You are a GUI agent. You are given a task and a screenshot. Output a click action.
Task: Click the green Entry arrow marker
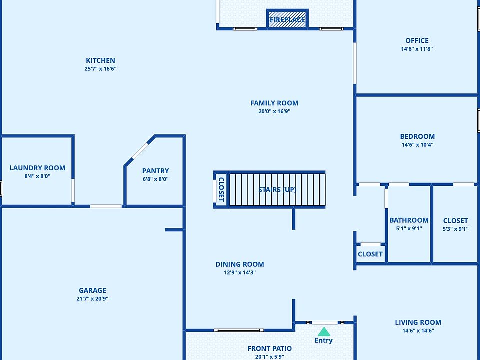[324, 332]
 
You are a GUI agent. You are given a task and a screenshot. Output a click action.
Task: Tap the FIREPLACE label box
[287, 20]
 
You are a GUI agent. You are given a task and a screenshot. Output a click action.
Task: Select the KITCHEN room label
[100, 61]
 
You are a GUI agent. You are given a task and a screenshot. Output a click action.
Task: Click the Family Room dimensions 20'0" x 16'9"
[274, 112]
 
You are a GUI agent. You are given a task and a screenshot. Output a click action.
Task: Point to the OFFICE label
[417, 41]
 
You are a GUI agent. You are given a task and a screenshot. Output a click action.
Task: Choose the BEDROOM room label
[417, 136]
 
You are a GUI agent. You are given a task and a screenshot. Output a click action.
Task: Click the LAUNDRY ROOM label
[37, 168]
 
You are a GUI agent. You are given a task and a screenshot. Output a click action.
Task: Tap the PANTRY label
[155, 171]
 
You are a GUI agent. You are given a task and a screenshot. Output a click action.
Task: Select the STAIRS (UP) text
[277, 190]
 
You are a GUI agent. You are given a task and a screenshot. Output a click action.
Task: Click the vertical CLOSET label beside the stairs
[221, 189]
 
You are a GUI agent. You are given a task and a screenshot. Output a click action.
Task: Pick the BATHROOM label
[409, 220]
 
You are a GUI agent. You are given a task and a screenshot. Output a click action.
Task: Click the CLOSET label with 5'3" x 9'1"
[455, 221]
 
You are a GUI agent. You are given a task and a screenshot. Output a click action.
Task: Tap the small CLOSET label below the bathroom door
[370, 254]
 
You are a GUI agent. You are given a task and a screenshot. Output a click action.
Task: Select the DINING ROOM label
[240, 264]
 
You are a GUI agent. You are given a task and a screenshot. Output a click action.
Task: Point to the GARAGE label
[92, 290]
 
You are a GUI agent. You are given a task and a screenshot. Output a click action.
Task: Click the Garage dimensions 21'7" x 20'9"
[92, 299]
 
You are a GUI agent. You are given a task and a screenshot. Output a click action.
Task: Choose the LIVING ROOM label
[418, 322]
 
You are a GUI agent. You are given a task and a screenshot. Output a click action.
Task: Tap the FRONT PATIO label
[270, 348]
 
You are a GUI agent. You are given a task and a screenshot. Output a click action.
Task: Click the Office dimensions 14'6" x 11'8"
[417, 49]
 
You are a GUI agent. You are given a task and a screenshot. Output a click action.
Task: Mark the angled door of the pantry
[140, 151]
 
